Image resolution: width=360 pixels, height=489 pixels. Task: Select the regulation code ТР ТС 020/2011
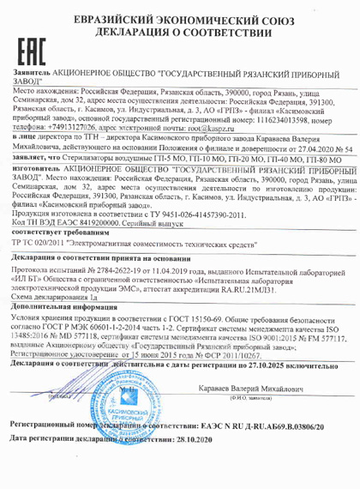[x=45, y=244]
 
